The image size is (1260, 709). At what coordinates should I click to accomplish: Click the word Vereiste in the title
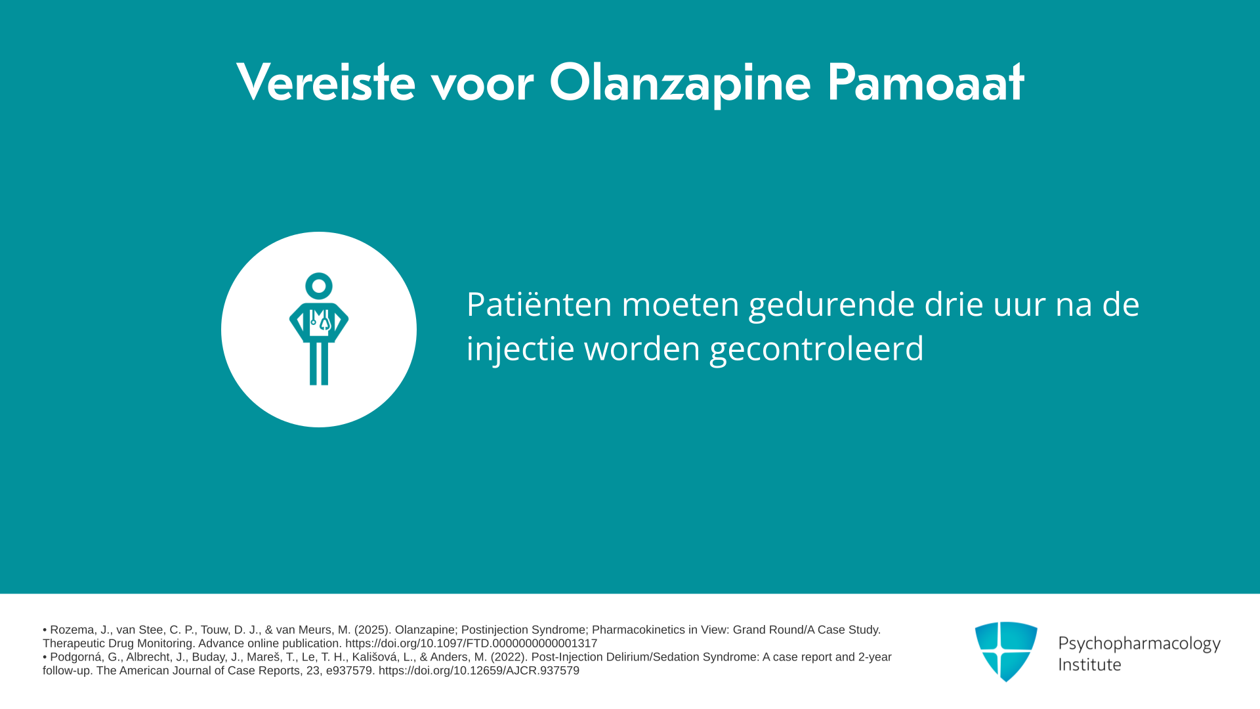click(325, 82)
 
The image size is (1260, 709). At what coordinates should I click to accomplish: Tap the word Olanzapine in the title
click(680, 83)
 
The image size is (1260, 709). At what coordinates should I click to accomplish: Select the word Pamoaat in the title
click(925, 82)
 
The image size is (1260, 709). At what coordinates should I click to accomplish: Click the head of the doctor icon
click(319, 286)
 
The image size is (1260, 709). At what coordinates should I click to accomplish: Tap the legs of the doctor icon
click(319, 364)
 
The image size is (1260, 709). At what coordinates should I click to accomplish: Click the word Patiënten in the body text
click(539, 304)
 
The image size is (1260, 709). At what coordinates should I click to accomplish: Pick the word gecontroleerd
click(816, 349)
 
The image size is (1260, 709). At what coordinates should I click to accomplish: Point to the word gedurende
click(831, 305)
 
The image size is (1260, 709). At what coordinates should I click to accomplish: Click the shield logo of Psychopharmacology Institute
click(1006, 651)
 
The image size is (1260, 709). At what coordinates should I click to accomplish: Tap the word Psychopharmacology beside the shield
click(1139, 644)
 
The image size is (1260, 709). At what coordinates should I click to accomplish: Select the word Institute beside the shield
click(1089, 664)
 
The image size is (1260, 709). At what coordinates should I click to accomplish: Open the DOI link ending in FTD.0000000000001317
click(471, 643)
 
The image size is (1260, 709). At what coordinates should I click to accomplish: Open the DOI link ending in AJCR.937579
click(479, 670)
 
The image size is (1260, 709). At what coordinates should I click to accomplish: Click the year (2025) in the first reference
click(371, 630)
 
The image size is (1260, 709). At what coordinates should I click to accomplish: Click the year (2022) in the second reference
click(508, 656)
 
